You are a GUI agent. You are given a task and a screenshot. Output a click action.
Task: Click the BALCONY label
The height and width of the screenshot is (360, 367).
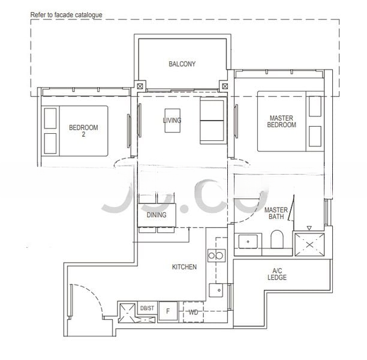point(182,64)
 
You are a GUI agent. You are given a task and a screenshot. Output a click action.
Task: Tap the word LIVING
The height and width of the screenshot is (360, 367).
point(172,121)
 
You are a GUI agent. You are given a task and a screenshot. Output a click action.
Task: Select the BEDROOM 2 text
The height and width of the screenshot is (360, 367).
point(83,131)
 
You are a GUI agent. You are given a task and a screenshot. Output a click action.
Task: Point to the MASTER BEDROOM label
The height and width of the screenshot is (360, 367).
point(281,122)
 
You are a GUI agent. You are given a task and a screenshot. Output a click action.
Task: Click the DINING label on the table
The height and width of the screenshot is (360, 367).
point(157,214)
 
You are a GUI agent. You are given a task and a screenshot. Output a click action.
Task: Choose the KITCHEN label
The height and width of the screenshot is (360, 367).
point(184,267)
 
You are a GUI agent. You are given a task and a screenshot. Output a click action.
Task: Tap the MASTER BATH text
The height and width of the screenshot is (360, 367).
point(276,214)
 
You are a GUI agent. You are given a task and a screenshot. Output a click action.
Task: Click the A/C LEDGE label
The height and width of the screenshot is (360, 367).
point(277,274)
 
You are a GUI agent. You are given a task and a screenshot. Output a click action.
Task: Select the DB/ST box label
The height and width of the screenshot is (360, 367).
point(147,308)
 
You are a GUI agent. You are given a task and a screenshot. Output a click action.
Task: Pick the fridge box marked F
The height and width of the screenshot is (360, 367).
point(168,312)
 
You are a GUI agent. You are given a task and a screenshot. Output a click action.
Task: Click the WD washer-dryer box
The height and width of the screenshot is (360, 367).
point(193,312)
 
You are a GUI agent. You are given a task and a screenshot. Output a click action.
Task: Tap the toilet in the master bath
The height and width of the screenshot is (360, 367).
point(277,241)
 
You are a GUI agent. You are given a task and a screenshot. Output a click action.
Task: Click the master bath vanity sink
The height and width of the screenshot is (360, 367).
point(247,242)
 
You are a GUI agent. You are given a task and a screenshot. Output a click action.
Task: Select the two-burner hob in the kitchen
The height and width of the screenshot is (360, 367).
point(215,256)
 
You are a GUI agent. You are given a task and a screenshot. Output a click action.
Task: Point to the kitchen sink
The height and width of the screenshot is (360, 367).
point(215,290)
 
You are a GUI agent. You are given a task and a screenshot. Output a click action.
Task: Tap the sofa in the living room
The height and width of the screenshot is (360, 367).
point(210,121)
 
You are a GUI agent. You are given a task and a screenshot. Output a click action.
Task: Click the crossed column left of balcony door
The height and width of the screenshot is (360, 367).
point(140,86)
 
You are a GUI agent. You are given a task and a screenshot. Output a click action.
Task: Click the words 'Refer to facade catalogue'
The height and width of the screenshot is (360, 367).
point(67,14)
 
